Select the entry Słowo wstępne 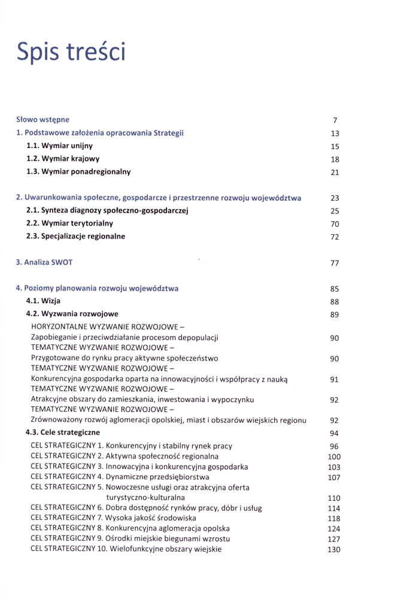42,120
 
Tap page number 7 335,120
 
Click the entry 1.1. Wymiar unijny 59,146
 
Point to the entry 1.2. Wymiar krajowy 63,159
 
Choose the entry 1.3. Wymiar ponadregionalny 78,172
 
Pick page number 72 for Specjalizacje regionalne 335,237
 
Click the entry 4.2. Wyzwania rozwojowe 72,314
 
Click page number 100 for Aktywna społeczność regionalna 334,457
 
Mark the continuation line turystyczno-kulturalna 145,497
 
